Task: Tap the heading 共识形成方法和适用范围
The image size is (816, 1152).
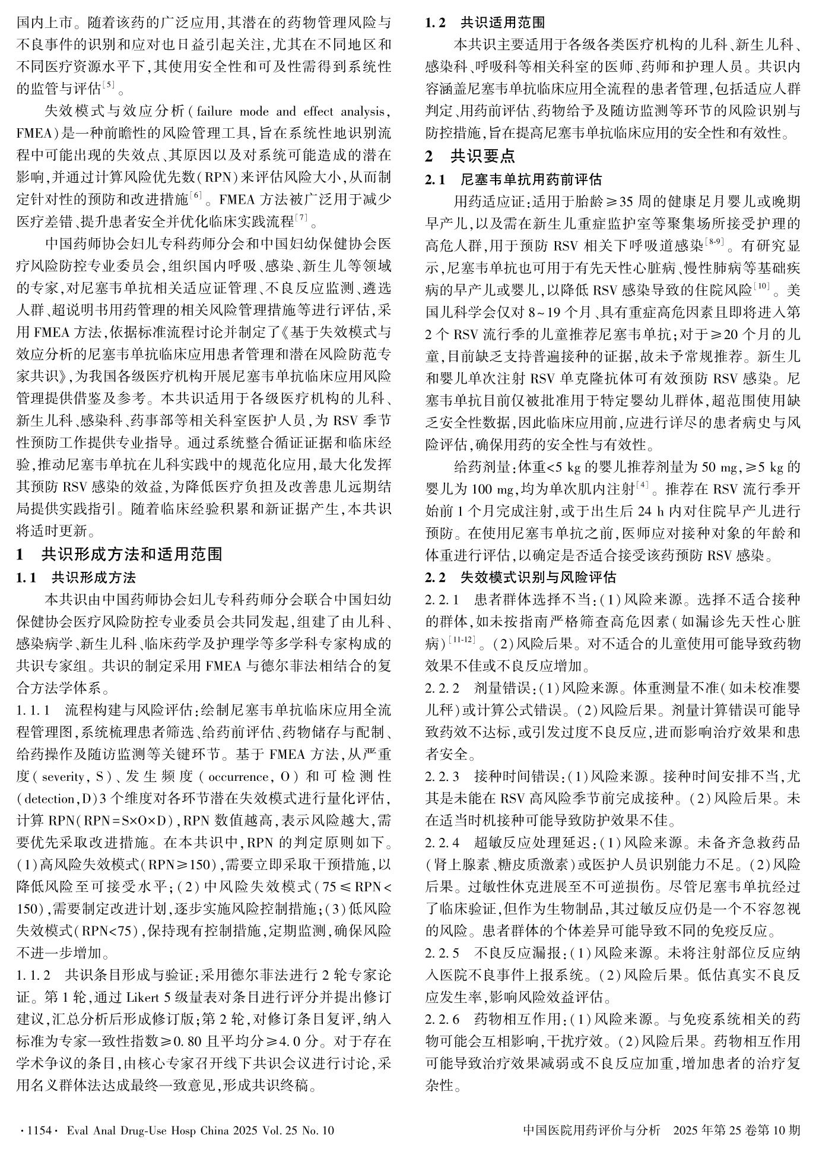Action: pos(132,555)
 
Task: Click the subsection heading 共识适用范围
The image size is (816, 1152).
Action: pos(502,23)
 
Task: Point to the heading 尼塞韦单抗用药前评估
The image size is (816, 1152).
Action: pos(531,179)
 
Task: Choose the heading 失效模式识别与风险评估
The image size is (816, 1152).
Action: pos(538,577)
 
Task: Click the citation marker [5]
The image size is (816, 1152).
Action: pos(108,86)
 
